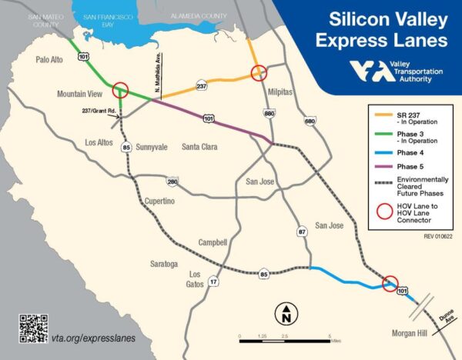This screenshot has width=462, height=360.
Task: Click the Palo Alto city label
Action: pos(52,59)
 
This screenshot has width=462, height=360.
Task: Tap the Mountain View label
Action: pos(81,94)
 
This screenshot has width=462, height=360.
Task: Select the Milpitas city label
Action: pos(281,91)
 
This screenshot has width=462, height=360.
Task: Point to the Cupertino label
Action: pos(160,201)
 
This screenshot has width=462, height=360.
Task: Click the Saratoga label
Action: pos(164,264)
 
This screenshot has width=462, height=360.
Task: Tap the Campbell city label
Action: pos(211,242)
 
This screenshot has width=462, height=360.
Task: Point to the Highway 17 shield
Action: pos(213,283)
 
